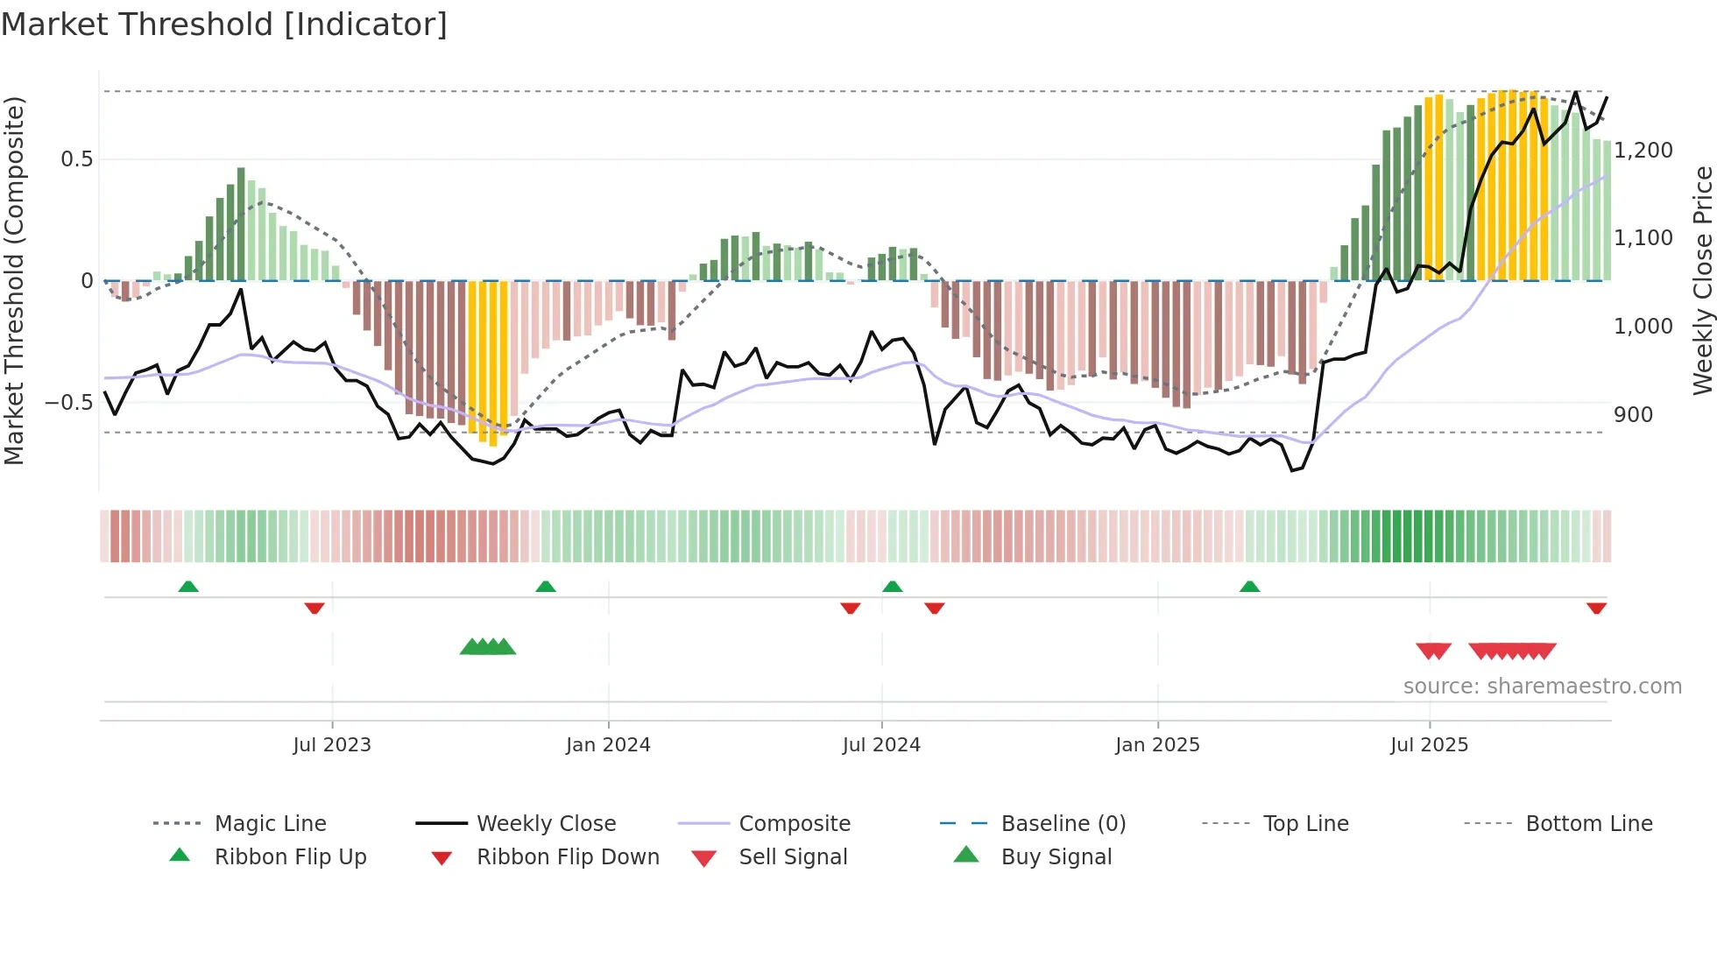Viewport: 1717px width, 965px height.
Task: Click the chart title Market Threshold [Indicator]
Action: [x=224, y=25]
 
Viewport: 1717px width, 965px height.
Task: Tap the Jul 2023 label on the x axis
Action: [x=332, y=744]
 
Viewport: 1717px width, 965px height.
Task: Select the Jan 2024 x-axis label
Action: [x=608, y=744]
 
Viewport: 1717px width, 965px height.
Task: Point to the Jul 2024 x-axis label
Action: [x=881, y=744]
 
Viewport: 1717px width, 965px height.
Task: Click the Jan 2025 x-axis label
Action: [x=1157, y=744]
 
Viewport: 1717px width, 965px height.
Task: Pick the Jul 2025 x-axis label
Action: [x=1429, y=744]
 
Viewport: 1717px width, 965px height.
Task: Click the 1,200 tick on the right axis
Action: [x=1643, y=150]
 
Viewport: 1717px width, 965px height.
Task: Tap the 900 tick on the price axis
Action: [x=1633, y=414]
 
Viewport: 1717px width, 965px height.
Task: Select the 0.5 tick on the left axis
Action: [x=76, y=158]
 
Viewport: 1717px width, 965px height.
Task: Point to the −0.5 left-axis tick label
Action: [x=68, y=403]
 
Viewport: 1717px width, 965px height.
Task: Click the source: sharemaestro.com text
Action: [x=1542, y=686]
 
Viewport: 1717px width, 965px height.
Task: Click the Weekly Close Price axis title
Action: [x=1702, y=280]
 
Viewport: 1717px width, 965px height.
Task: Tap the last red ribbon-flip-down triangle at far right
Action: [x=1596, y=608]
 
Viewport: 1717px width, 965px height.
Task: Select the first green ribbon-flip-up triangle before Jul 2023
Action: [x=188, y=586]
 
